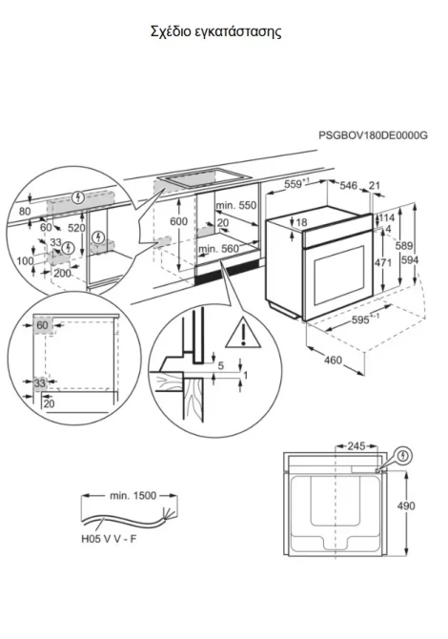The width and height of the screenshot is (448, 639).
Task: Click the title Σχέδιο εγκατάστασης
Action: coord(215,31)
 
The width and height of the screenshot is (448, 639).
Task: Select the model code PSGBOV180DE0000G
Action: coord(373,135)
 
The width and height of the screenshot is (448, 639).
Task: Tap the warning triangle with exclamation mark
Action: coord(243,333)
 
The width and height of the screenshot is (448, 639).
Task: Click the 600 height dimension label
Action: coord(179,221)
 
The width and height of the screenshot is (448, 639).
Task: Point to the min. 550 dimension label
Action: coord(236,205)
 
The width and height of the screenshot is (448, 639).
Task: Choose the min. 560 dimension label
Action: coord(218,249)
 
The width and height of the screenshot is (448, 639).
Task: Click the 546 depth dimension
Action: coord(348,185)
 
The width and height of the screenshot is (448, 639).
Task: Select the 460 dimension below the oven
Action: coord(334,360)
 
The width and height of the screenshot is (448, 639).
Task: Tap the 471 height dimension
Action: coord(383,262)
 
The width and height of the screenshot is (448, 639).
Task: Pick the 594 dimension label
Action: coord(409,259)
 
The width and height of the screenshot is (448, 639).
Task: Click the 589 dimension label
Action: coord(404,246)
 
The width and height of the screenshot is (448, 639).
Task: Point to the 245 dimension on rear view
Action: coord(356,446)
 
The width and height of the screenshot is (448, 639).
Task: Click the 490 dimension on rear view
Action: coord(406,505)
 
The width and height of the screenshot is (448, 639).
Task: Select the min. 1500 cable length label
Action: coord(132,496)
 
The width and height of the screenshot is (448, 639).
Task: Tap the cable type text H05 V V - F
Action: coord(110,539)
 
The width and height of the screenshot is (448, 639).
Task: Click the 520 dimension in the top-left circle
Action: coord(76,228)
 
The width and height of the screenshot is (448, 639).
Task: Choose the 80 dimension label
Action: coord(25,212)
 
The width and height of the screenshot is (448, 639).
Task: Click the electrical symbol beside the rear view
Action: coord(403,455)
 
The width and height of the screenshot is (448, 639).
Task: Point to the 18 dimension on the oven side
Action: coord(302,222)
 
